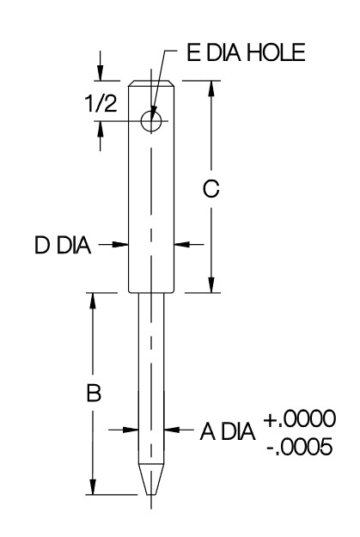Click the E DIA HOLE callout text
(246, 52)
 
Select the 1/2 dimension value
(101, 103)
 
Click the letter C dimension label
(211, 189)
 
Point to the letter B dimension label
(94, 393)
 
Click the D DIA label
(63, 245)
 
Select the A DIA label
(228, 431)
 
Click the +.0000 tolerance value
(299, 418)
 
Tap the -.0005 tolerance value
(299, 447)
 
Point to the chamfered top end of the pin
(151, 84)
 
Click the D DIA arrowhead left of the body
(121, 245)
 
